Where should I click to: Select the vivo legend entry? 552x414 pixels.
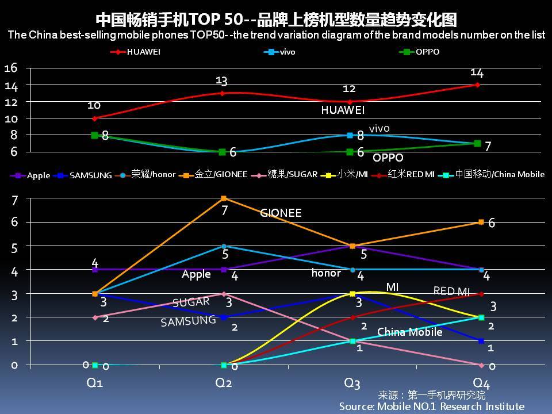tap(281, 52)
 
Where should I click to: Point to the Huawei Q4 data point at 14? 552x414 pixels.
tap(477, 85)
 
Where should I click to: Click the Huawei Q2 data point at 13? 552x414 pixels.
tap(222, 93)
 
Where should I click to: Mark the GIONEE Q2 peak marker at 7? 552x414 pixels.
tap(224, 198)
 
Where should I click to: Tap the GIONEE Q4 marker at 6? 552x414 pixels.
tap(480, 222)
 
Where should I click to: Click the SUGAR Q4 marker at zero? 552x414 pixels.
tap(480, 365)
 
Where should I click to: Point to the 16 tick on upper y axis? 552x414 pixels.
tap(11, 68)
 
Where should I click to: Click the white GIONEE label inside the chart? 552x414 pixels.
tap(281, 213)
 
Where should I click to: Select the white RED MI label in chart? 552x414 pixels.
tap(451, 291)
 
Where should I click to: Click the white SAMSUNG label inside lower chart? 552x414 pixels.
tap(188, 321)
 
